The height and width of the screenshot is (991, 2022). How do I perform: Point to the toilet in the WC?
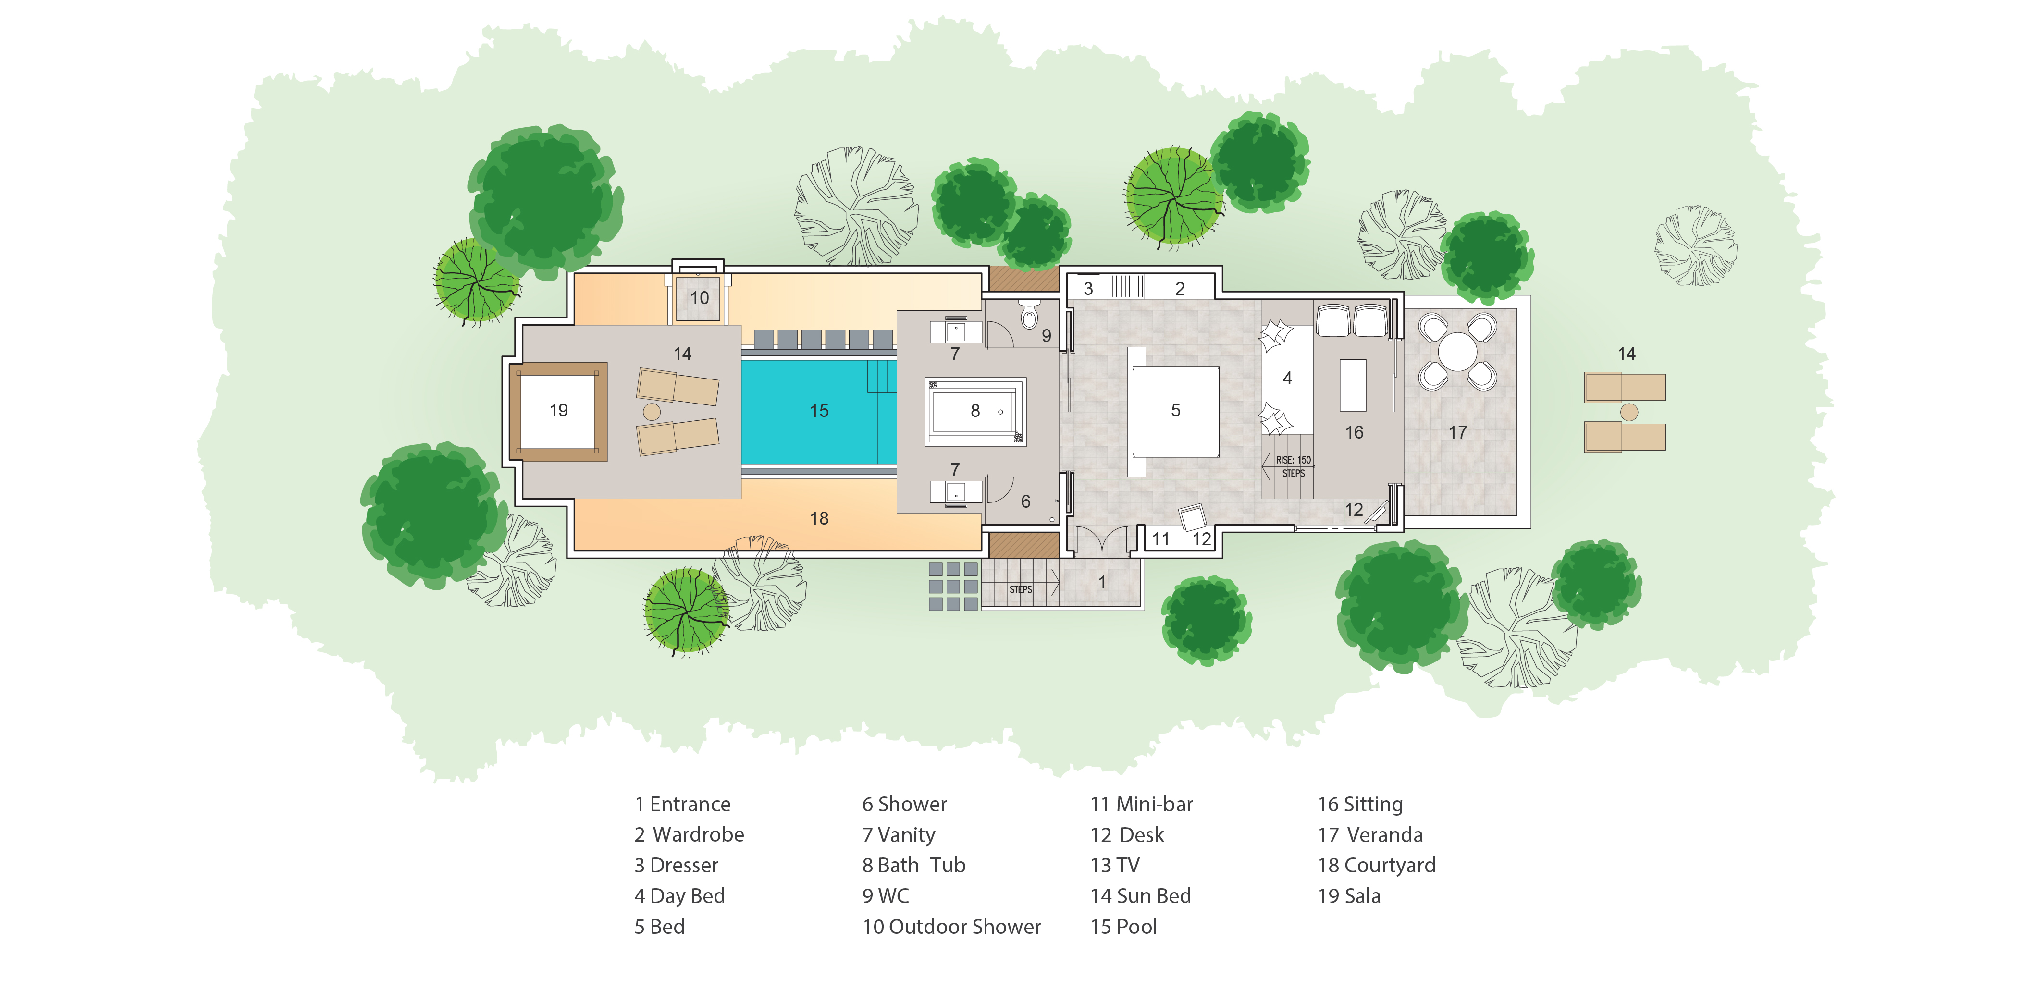coord(1029,316)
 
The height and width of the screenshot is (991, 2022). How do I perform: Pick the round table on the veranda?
coord(1457,352)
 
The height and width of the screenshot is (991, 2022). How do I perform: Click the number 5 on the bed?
coord(1175,410)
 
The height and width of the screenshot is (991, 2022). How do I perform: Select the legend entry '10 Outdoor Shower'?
coord(951,927)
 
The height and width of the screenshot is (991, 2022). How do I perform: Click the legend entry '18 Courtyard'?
coord(1377,866)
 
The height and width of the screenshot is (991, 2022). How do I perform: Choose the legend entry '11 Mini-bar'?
coord(1141,804)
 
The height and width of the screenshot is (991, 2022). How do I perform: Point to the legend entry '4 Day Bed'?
coord(680,896)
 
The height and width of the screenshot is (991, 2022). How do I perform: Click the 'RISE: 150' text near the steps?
coord(1293,460)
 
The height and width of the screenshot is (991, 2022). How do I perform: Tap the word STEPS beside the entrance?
coord(1021,589)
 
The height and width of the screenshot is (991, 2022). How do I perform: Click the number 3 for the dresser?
coord(1088,289)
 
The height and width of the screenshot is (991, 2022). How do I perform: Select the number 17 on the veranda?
coord(1457,432)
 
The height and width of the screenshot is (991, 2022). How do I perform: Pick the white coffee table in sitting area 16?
coord(1353,385)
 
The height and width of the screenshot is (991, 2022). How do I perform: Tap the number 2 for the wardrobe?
coord(1180,289)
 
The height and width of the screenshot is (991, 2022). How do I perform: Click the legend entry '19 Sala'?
coord(1349,896)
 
